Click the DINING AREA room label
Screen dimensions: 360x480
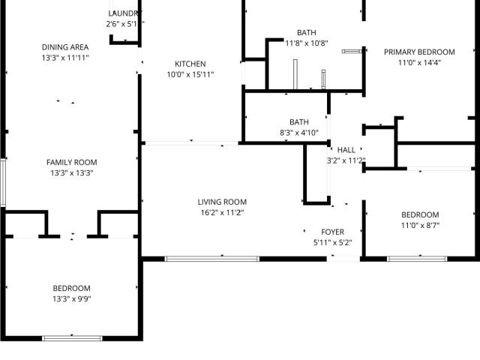coord(65,47)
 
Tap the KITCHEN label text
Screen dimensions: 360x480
coord(190,64)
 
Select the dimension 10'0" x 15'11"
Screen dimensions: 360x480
coord(190,74)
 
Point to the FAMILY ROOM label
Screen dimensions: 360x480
coord(71,162)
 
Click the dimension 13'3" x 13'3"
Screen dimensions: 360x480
coord(71,172)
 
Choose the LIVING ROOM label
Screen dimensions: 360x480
coord(222,202)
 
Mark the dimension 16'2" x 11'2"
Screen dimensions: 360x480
coord(222,212)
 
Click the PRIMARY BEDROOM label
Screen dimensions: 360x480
coord(419,52)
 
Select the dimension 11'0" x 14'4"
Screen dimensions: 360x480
coord(419,63)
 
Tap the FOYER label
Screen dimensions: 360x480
coord(332,232)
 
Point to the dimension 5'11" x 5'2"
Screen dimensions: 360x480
coord(332,242)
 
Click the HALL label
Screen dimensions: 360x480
coord(346,150)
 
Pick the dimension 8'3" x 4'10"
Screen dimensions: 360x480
coord(299,133)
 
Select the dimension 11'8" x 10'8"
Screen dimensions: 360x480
coord(306,43)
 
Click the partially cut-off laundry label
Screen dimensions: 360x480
coord(124,13)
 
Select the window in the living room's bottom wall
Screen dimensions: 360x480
coord(212,259)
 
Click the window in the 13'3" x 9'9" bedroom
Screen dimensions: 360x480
coord(72,338)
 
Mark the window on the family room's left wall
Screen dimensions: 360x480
coord(3,182)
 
